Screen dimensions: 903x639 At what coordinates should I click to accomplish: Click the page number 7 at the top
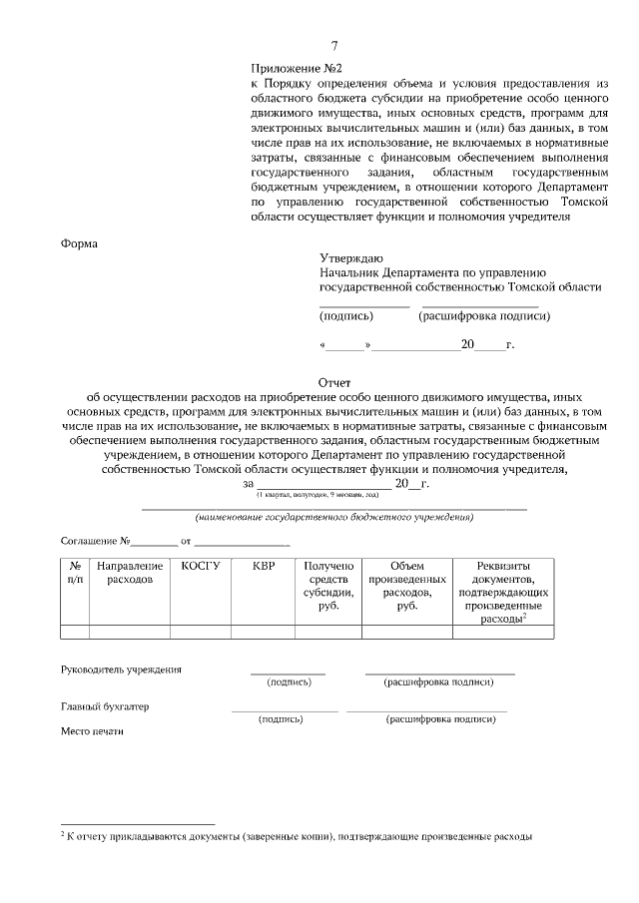(334, 46)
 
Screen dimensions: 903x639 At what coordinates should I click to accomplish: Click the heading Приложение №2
(297, 68)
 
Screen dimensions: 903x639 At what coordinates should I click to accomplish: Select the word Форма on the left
(81, 241)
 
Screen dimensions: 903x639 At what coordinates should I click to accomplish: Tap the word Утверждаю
(350, 257)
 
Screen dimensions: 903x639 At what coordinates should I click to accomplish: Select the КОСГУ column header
(200, 566)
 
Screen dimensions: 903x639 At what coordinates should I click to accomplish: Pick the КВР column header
(263, 566)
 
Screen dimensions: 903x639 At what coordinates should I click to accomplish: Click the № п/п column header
(75, 572)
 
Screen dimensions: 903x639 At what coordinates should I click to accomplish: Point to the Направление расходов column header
(129, 572)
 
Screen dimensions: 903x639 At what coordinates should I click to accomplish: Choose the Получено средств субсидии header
(327, 585)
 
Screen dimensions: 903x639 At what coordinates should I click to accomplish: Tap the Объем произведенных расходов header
(406, 585)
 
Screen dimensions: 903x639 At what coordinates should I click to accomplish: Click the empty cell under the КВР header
(263, 631)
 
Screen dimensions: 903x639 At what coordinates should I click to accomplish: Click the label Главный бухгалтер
(104, 706)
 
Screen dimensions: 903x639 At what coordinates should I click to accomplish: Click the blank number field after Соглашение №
(154, 542)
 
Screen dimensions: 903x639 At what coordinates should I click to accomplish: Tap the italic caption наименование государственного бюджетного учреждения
(334, 518)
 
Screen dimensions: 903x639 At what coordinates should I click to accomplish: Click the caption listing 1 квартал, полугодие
(318, 496)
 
